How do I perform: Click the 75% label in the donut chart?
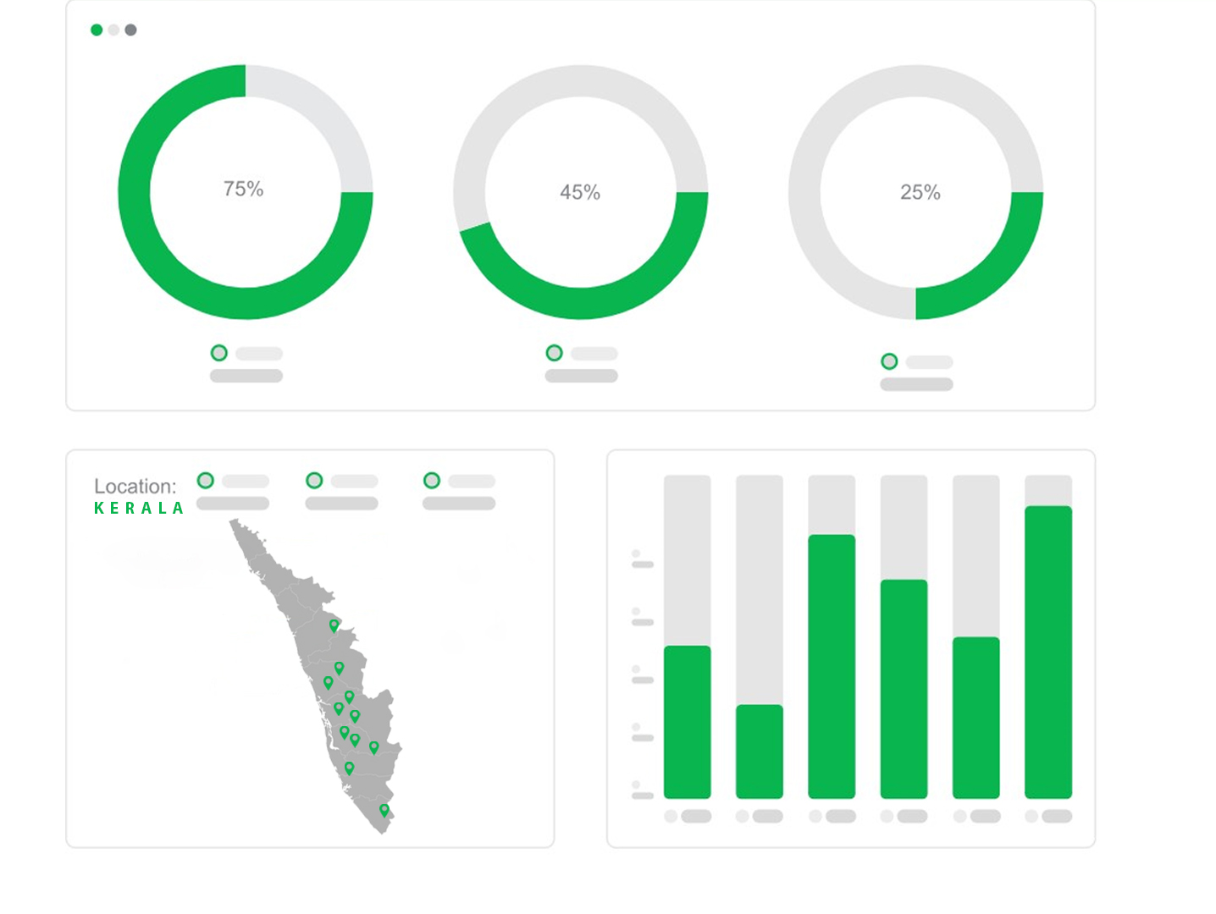[x=243, y=189]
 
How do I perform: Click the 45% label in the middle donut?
[x=580, y=192]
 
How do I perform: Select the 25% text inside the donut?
[x=920, y=192]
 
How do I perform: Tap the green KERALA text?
[x=139, y=508]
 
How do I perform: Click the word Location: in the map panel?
[x=135, y=487]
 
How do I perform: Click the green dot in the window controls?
[x=97, y=30]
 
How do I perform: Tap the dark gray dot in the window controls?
[x=130, y=30]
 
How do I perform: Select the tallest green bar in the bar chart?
[x=1047, y=652]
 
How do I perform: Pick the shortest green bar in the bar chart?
[x=759, y=752]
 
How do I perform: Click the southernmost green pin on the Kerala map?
[x=384, y=810]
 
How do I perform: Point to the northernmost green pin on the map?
[x=334, y=625]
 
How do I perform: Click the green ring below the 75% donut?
[x=218, y=353]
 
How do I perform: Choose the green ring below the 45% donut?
[x=554, y=353]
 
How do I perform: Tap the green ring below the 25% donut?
[x=889, y=361]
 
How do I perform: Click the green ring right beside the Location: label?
[x=205, y=481]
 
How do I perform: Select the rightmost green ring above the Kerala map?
[x=432, y=481]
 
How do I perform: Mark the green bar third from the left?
[x=832, y=666]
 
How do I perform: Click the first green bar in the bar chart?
[x=687, y=722]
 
